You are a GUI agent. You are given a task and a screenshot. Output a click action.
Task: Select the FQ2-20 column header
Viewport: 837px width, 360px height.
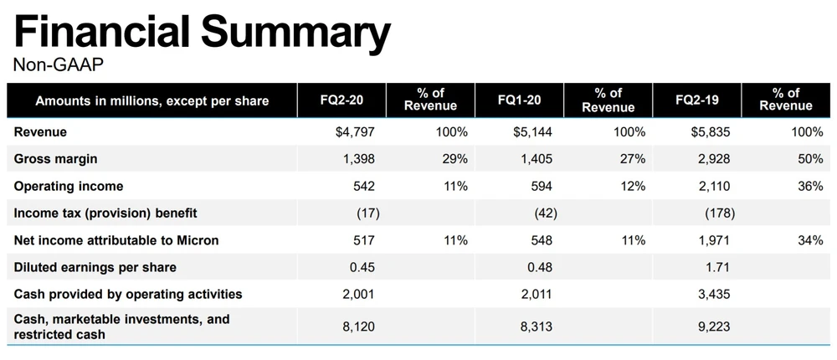coord(341,100)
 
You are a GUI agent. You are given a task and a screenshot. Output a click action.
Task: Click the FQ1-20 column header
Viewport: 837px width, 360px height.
coord(519,100)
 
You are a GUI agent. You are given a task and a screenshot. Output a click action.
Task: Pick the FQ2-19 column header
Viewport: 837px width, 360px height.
coord(697,100)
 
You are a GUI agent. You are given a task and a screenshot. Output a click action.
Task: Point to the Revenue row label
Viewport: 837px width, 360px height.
coord(40,131)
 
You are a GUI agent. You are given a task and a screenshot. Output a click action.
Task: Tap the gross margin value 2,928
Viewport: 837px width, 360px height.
coord(713,159)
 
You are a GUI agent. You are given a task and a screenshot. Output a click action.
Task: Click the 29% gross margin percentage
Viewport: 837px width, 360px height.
coord(454,159)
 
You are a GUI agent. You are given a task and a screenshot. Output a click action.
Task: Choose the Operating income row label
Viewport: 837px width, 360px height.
coord(69,186)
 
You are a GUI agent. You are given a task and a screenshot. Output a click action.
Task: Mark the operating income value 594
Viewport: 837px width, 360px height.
coord(542,186)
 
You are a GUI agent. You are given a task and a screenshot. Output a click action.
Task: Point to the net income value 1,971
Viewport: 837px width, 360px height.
coord(713,240)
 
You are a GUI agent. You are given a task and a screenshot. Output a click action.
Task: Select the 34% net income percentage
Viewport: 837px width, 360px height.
coord(810,240)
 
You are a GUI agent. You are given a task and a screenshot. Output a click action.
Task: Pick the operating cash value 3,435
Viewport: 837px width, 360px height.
coord(713,295)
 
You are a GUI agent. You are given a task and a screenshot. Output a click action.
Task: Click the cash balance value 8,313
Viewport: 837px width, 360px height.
coord(536,327)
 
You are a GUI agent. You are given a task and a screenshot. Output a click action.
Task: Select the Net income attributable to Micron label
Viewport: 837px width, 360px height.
coord(116,240)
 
